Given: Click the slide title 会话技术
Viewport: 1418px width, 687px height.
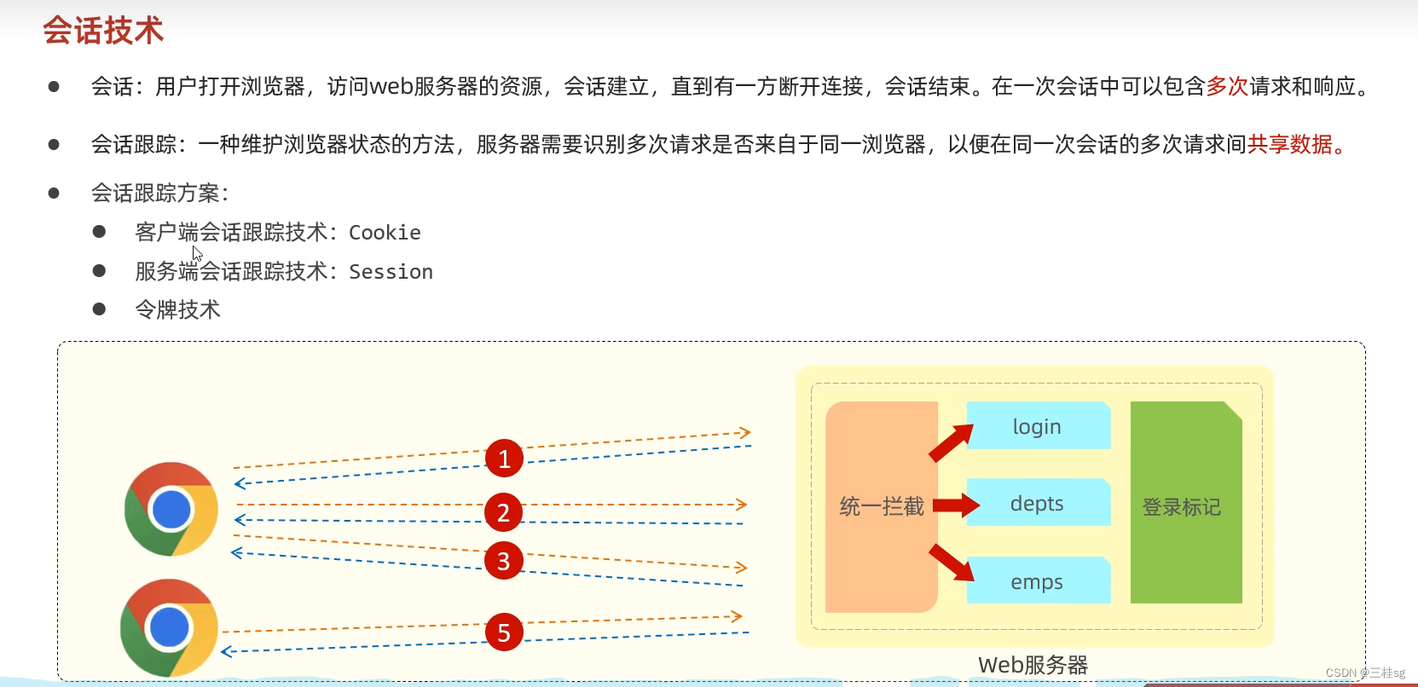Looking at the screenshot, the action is (x=103, y=31).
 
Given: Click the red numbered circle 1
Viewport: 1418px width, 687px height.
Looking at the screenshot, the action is (x=504, y=459).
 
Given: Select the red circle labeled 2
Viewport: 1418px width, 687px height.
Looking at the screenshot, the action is (x=504, y=512).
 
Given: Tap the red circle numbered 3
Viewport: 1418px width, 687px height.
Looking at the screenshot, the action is (x=504, y=561).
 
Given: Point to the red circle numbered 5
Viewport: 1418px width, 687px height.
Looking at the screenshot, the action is (x=504, y=632).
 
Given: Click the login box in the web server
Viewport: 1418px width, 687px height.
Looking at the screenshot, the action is (x=1037, y=426).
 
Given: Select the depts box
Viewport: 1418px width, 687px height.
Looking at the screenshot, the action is (x=1037, y=503).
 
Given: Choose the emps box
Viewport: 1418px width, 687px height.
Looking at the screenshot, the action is (x=1037, y=581).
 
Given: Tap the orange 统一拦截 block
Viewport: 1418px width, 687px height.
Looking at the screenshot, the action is (x=881, y=506).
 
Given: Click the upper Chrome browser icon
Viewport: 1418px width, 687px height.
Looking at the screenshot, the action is (x=171, y=509).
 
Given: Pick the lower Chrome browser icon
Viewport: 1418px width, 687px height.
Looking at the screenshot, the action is (x=170, y=628).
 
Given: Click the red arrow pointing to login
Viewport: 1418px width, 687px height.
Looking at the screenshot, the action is (x=951, y=442).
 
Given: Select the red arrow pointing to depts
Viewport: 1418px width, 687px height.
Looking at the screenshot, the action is (x=955, y=505).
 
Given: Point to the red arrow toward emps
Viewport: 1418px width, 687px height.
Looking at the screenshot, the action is (x=952, y=563).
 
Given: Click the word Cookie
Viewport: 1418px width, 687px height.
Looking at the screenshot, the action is (x=385, y=233).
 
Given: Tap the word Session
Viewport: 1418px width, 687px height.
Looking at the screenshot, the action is (x=391, y=272).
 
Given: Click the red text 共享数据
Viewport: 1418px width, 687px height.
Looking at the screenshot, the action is (x=1290, y=145).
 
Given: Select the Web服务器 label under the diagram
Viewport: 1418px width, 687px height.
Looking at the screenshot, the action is (x=1033, y=665).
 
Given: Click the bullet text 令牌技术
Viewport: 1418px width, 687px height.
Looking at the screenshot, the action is (x=177, y=309).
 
